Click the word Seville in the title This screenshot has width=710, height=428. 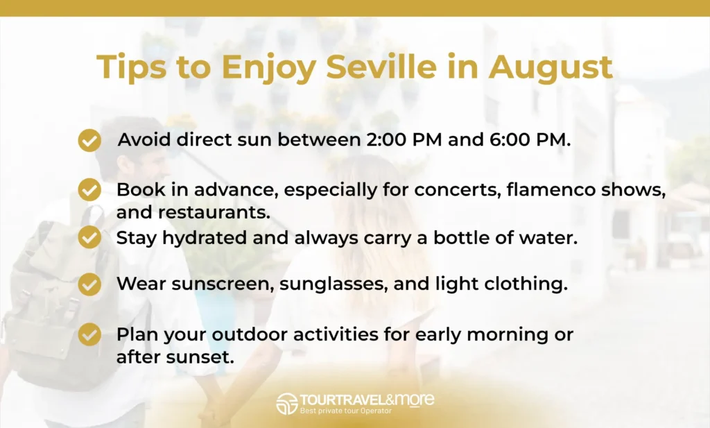[381, 66]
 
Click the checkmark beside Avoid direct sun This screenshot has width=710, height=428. [89, 140]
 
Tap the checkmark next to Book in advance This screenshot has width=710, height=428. [89, 189]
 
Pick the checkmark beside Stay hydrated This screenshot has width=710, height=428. [89, 237]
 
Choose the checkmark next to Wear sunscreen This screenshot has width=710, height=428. [89, 284]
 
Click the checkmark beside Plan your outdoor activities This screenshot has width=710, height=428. [89, 334]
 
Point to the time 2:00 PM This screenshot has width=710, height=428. [404, 139]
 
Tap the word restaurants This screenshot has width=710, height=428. [214, 212]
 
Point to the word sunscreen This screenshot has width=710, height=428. [223, 284]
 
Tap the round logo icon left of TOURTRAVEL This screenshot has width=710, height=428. [287, 404]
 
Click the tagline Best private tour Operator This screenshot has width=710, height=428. [345, 411]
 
